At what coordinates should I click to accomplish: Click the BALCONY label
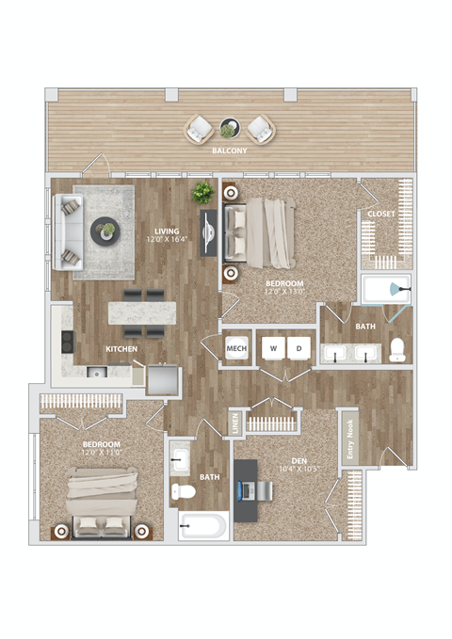[229, 150]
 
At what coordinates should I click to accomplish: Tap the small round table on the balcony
[229, 127]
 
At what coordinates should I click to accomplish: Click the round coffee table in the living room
[105, 230]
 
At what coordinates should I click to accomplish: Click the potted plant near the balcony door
[202, 193]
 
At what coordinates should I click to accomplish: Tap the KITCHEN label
[122, 349]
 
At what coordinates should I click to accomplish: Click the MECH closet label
[235, 349]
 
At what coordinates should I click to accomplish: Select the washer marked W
[272, 348]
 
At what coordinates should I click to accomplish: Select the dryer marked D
[299, 348]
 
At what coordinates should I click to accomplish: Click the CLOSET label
[381, 215]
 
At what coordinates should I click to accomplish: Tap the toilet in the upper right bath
[396, 349]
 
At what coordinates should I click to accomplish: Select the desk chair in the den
[264, 490]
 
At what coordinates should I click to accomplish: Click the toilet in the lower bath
[184, 490]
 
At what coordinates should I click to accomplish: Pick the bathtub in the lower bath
[202, 524]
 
